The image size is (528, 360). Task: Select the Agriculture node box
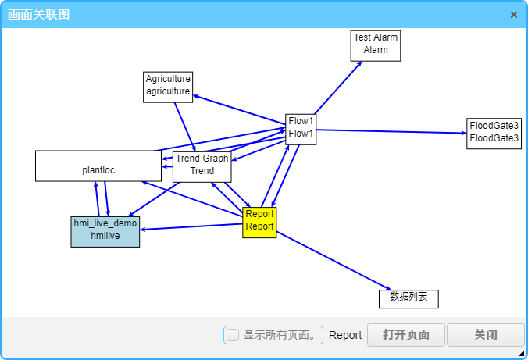tap(168, 86)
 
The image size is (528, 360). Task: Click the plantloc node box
tap(98, 166)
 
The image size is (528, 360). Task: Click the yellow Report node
tap(259, 222)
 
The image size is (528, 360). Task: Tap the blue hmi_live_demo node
tap(105, 231)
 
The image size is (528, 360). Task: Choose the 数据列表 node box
tap(408, 298)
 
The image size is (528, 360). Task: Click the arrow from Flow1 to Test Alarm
tap(338, 87)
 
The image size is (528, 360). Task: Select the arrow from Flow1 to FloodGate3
tap(391, 131)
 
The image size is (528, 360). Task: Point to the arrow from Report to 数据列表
tap(332, 261)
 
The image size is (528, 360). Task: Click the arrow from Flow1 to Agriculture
tap(238, 110)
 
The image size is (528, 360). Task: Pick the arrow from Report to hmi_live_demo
tap(191, 226)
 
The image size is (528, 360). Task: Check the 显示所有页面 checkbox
tap(233, 335)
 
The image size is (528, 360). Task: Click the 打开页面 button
tap(406, 335)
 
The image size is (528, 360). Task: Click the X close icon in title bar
tap(514, 15)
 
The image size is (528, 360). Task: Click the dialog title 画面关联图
tap(39, 14)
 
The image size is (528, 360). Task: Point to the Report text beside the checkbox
tap(345, 335)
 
